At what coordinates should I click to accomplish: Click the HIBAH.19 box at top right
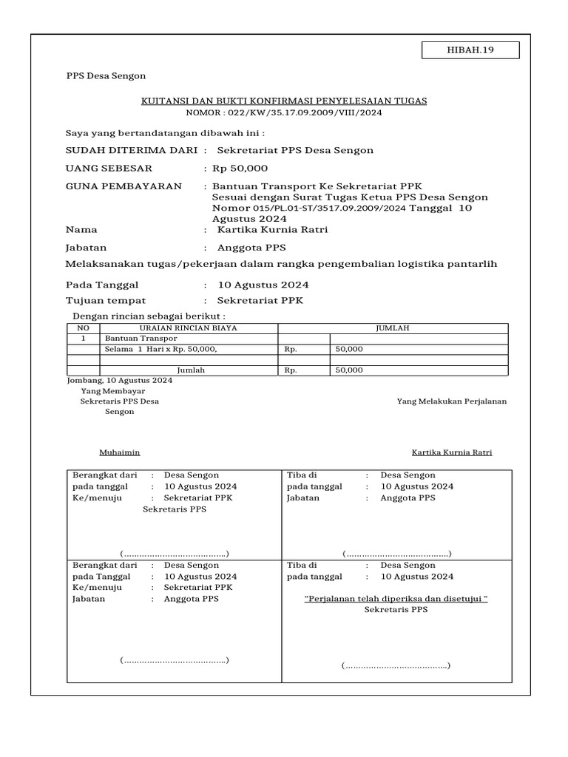[470, 50]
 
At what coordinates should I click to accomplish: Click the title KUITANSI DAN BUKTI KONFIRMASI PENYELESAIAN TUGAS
[284, 101]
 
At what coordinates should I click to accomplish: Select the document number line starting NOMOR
[284, 113]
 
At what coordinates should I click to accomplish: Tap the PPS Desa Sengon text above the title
[106, 75]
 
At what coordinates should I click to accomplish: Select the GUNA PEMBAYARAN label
[124, 186]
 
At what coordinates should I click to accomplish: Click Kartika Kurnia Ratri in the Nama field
[272, 230]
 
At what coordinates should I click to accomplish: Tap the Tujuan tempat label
[106, 301]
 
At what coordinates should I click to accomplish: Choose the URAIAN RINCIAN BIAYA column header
[189, 327]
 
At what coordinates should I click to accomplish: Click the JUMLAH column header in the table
[393, 327]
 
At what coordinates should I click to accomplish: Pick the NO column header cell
[83, 327]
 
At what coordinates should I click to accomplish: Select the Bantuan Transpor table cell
[130, 338]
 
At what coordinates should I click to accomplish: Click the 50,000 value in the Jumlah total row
[349, 370]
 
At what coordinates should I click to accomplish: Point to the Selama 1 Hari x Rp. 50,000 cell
[160, 349]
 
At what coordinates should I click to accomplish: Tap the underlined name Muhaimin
[119, 452]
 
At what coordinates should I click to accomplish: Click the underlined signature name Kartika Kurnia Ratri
[451, 452]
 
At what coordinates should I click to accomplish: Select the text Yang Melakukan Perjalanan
[451, 401]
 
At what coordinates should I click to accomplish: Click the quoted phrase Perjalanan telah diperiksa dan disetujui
[396, 599]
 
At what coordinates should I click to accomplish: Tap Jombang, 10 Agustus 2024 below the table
[119, 380]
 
